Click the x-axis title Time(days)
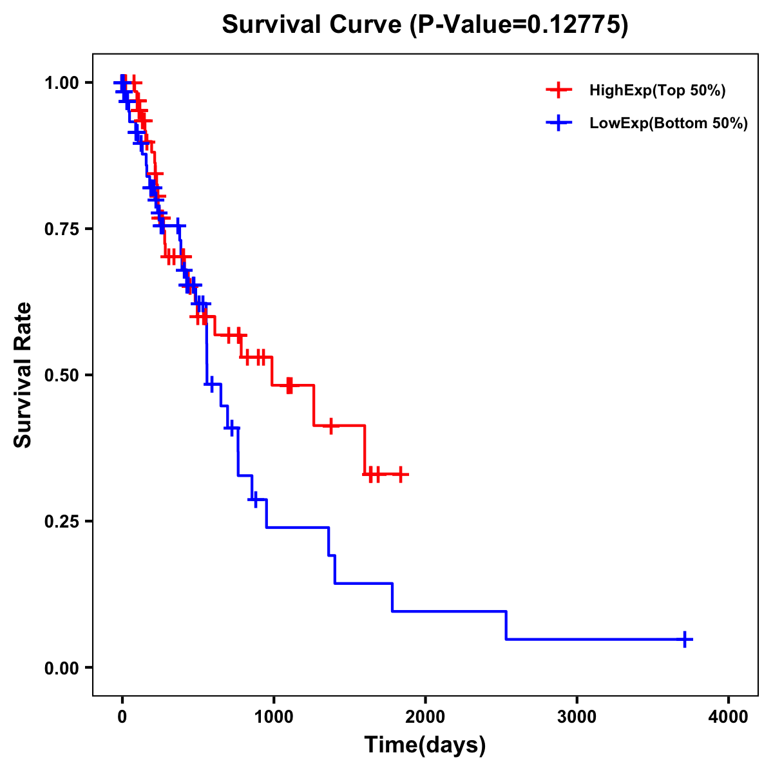point(425,745)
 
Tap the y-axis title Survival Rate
point(24,375)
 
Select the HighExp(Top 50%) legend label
point(657,91)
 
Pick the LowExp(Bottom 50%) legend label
point(669,124)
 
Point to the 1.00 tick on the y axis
point(63,83)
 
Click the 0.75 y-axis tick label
point(63,229)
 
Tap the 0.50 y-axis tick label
point(63,376)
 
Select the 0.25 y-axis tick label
point(63,522)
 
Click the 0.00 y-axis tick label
point(63,668)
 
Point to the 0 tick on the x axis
point(122,716)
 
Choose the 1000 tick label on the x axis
point(274,716)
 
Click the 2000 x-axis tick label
point(425,716)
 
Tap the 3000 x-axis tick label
point(577,716)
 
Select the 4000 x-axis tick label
point(729,716)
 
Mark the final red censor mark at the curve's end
point(401,474)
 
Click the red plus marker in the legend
point(559,90)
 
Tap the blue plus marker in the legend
point(559,123)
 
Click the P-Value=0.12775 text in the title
point(519,25)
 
